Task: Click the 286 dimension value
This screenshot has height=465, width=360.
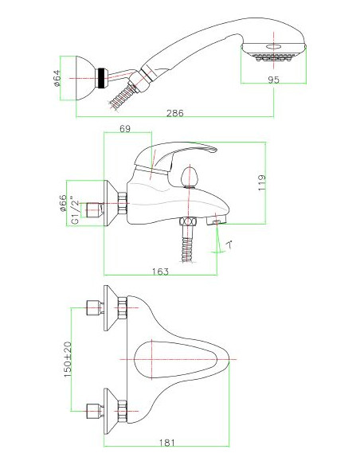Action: (174, 113)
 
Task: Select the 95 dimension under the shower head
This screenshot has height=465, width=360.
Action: (274, 80)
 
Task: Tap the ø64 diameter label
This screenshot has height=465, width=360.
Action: (57, 78)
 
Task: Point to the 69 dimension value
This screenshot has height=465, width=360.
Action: (125, 129)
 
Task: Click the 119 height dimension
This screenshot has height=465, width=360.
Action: (261, 182)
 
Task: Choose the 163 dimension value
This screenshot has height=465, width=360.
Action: (160, 272)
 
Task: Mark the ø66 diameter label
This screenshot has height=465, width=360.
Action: (63, 203)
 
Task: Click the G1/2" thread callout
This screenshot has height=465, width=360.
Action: (75, 212)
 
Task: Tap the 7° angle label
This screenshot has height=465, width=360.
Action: (229, 245)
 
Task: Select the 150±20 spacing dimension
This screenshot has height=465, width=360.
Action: (68, 359)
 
